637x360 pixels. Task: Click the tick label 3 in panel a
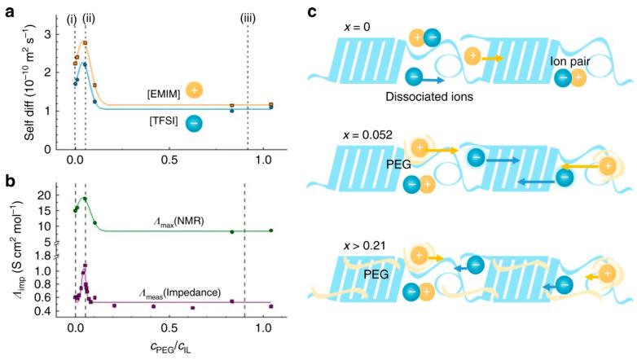[x=48, y=33]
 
